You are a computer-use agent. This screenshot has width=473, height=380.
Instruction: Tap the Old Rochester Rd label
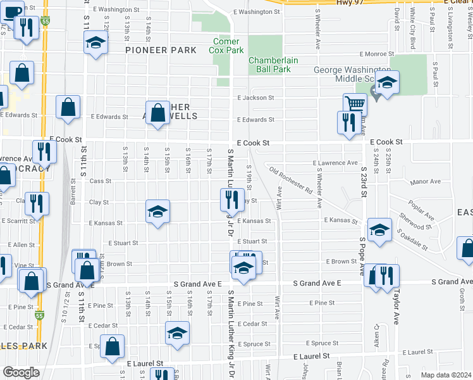pyautogui.click(x=291, y=180)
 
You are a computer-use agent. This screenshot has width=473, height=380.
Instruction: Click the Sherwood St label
pyautogui.click(x=415, y=222)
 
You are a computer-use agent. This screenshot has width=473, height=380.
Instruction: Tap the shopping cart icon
pyautogui.click(x=355, y=103)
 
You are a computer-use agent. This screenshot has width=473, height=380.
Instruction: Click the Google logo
pyautogui.click(x=21, y=372)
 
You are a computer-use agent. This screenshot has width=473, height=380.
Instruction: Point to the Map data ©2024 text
pyautogui.click(x=446, y=375)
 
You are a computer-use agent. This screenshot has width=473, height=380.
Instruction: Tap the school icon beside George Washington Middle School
pyautogui.click(x=386, y=82)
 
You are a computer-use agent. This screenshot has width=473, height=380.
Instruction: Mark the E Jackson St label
pyautogui.click(x=255, y=98)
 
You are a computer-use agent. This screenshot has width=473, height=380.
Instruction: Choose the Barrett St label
pyautogui.click(x=73, y=191)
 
